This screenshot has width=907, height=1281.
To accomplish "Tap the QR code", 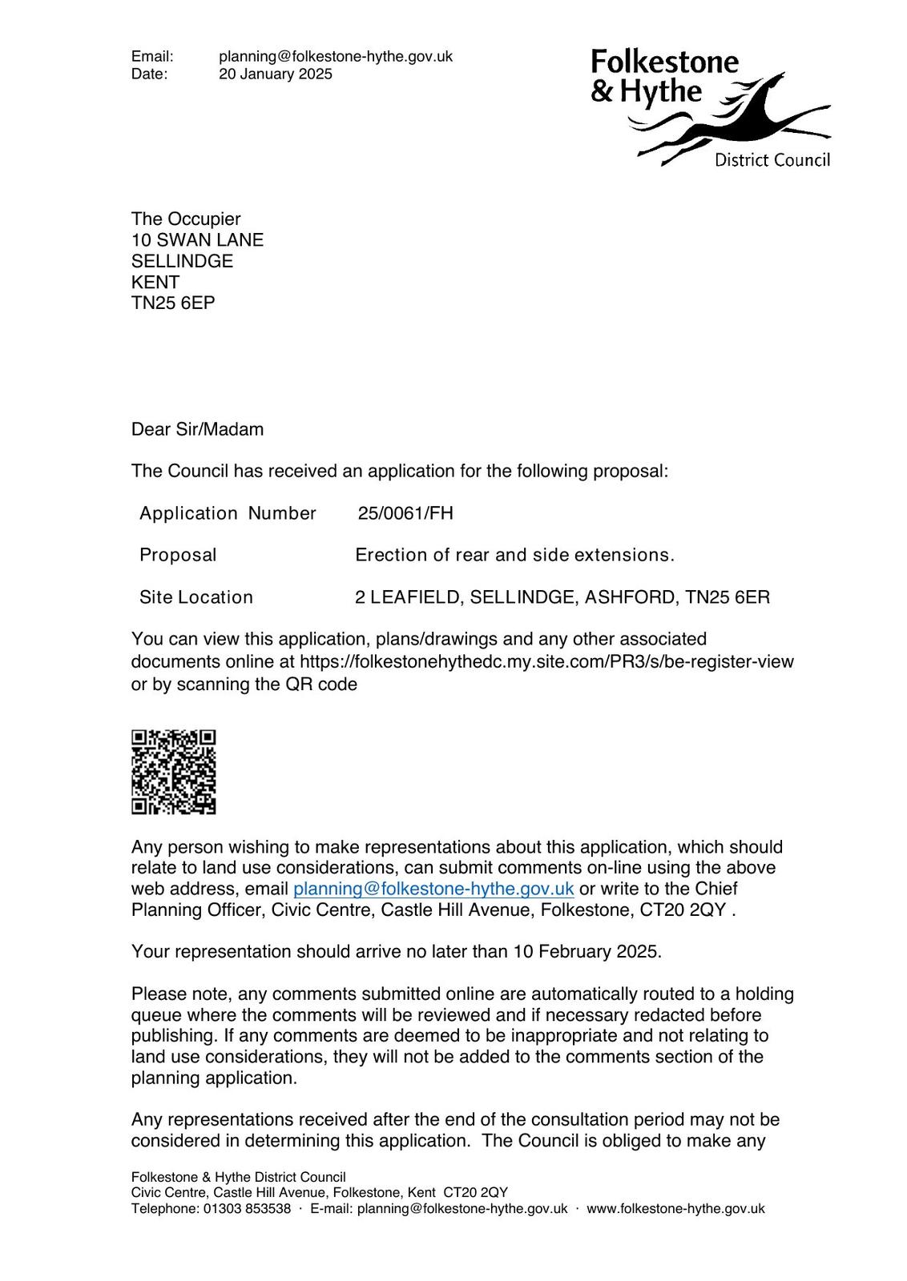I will [x=174, y=772].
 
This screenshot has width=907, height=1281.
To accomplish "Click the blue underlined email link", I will [x=433, y=889].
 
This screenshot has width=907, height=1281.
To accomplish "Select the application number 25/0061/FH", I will [x=405, y=513].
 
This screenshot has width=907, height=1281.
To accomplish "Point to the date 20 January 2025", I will [x=276, y=74].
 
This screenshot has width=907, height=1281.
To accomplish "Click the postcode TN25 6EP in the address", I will [x=173, y=303].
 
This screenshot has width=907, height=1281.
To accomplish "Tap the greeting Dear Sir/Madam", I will [x=197, y=429].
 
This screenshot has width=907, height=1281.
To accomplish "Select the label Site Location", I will [x=196, y=597].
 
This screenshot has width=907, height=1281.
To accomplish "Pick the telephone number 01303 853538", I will [x=248, y=1209].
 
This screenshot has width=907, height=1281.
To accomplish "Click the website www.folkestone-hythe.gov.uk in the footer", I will [x=675, y=1209].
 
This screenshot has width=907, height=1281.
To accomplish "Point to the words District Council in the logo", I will [x=772, y=160].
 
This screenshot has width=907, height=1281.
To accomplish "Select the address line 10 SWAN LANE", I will [x=197, y=240].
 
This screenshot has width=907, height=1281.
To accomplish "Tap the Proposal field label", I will [x=178, y=556].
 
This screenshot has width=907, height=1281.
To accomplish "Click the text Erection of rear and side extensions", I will [x=514, y=556].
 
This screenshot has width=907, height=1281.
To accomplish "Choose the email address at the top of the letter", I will [x=336, y=56].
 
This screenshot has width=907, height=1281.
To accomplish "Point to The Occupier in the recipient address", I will [x=186, y=219].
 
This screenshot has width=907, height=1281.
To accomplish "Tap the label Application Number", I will [x=228, y=513].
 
